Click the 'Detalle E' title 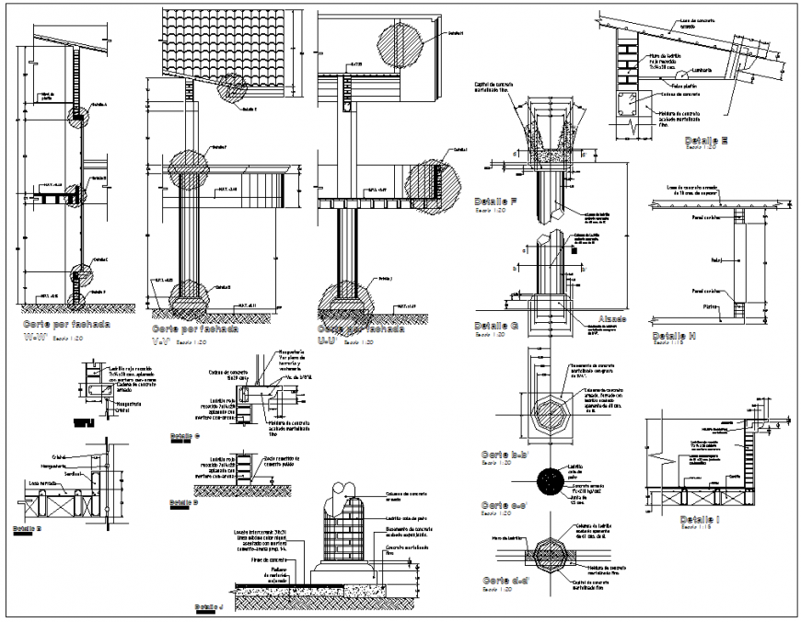pyautogui.click(x=706, y=141)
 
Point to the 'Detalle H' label pyautogui.click(x=675, y=336)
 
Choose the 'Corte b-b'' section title pyautogui.click(x=504, y=455)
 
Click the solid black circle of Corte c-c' pyautogui.click(x=551, y=481)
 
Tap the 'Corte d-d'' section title pyautogui.click(x=505, y=581)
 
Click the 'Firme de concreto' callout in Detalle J pyautogui.click(x=270, y=559)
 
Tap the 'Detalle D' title pyautogui.click(x=184, y=502)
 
